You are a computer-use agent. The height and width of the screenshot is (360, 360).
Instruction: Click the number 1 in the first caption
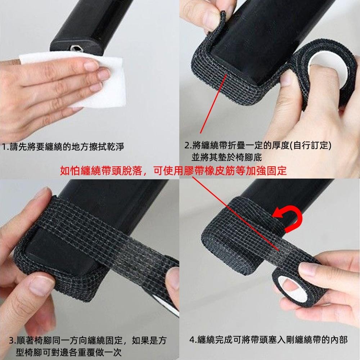click(4, 147)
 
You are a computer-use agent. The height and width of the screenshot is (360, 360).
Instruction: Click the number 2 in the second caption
click(187, 145)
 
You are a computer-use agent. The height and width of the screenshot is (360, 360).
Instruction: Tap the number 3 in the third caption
click(12, 341)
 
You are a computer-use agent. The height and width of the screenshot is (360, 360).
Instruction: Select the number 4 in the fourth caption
click(192, 340)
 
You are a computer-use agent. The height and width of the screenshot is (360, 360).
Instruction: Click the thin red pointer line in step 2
click(214, 104)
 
